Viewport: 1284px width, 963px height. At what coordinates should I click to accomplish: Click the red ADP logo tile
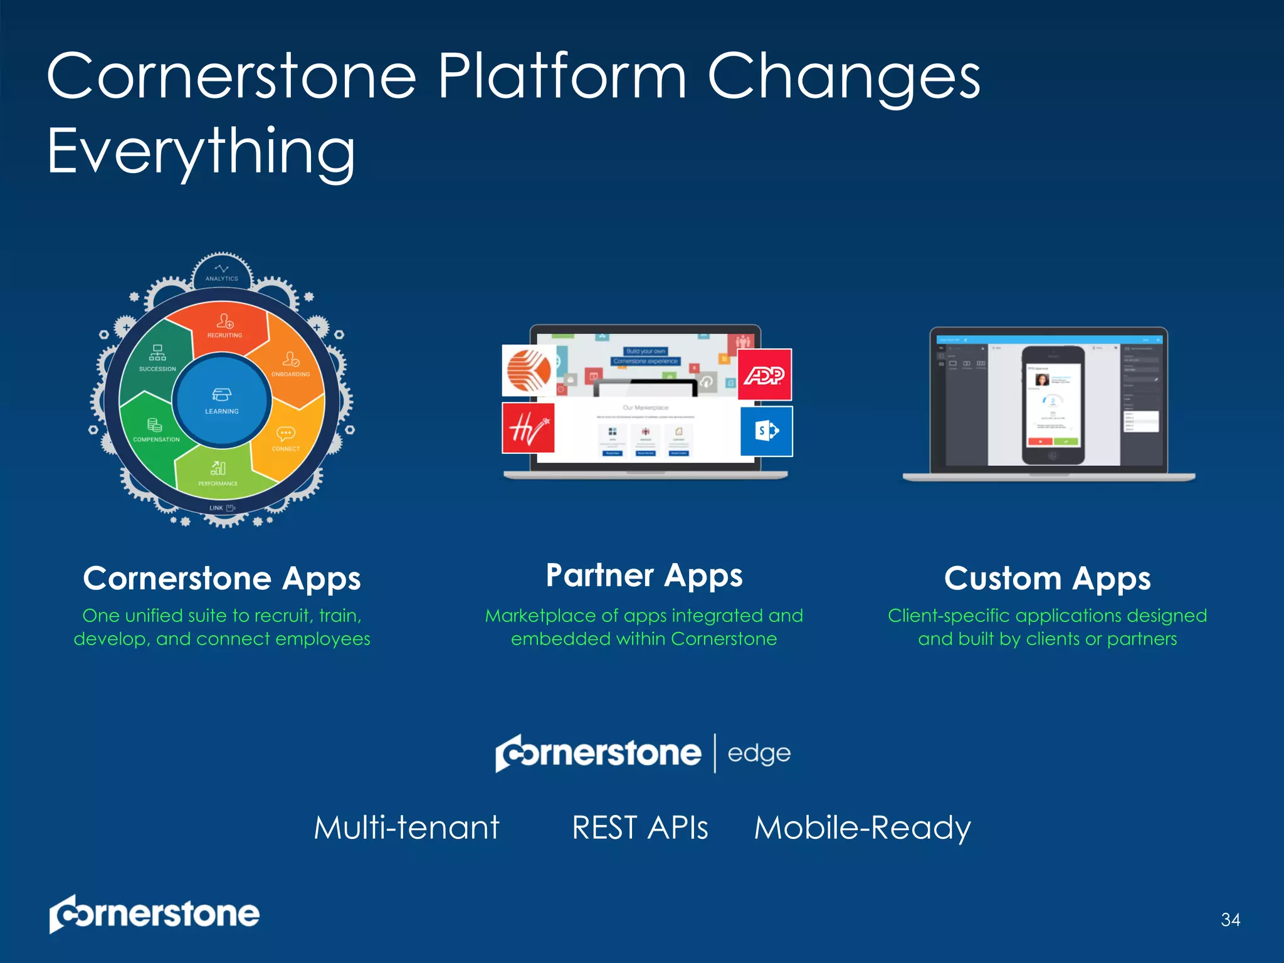click(x=764, y=374)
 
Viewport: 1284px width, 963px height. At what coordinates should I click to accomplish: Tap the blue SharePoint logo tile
click(x=766, y=431)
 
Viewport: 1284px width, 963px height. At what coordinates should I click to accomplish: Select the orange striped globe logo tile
click(x=529, y=370)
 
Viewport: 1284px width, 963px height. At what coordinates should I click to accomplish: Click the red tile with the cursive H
click(x=528, y=428)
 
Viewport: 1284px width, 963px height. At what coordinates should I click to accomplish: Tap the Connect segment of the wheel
click(x=286, y=440)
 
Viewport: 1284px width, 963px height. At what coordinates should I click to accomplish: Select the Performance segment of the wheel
click(x=218, y=473)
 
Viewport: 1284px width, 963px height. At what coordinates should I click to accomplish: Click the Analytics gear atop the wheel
click(x=222, y=273)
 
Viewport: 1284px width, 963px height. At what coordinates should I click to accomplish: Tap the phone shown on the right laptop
click(x=1053, y=405)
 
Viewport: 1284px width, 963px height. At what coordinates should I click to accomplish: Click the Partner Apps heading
click(x=644, y=576)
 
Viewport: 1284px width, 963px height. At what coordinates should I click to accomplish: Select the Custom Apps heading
click(x=1047, y=578)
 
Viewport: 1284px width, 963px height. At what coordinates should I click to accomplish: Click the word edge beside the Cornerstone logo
click(x=759, y=754)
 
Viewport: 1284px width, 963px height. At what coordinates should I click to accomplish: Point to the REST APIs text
click(x=639, y=828)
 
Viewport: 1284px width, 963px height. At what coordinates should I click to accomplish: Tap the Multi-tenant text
click(x=406, y=828)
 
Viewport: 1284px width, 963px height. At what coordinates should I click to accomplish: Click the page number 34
click(x=1230, y=920)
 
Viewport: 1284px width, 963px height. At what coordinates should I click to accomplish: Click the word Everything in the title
click(x=201, y=152)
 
